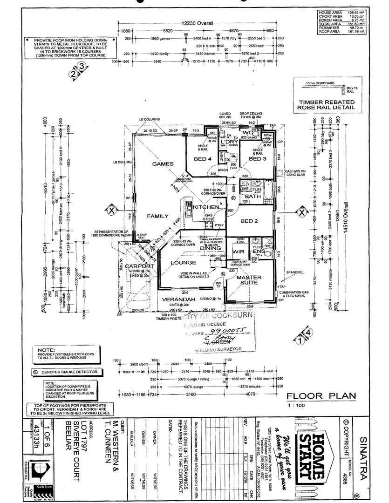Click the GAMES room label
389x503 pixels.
click(x=163, y=164)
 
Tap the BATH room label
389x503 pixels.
click(x=253, y=197)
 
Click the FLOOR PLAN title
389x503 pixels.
click(x=321, y=396)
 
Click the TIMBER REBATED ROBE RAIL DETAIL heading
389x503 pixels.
click(x=323, y=104)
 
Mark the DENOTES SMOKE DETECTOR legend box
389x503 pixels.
click(x=65, y=372)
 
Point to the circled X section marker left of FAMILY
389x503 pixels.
click(x=111, y=211)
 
